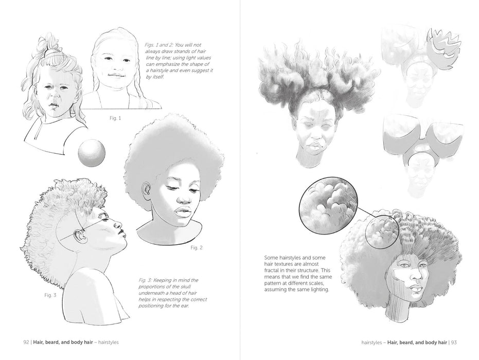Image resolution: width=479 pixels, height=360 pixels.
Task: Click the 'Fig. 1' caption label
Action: tap(115, 118)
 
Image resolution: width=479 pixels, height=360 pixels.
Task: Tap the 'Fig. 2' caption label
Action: tap(197, 248)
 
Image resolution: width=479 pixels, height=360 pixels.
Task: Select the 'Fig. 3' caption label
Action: tap(50, 295)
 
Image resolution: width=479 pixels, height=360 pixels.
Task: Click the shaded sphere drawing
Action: tap(92, 152)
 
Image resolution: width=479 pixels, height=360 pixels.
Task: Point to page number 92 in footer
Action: tap(26, 343)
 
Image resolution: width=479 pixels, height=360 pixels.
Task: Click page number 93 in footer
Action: tap(454, 343)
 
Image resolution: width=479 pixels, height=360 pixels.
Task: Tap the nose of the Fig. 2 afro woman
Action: tap(184, 200)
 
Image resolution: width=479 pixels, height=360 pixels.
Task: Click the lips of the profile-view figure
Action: tap(122, 235)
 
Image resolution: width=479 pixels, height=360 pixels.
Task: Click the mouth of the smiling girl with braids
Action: tap(116, 75)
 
